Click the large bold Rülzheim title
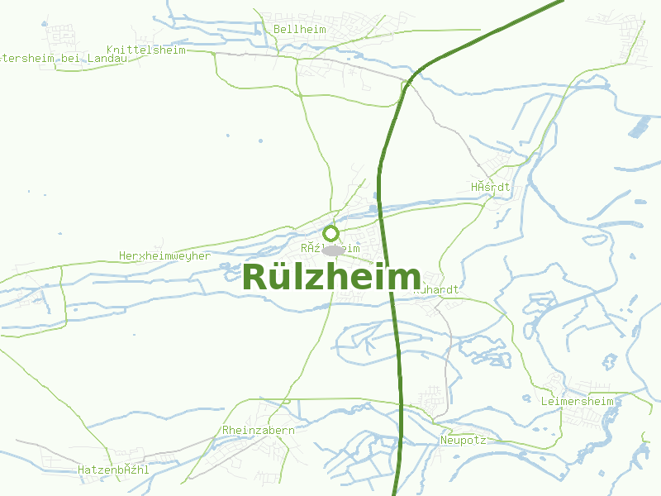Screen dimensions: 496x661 click(331, 277)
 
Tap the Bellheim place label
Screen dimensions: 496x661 click(299, 30)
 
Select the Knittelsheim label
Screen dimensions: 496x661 click(146, 50)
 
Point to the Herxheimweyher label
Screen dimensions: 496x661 click(164, 256)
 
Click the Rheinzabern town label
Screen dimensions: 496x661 click(259, 431)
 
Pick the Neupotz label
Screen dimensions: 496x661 click(463, 441)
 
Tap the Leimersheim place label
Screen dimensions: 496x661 click(577, 402)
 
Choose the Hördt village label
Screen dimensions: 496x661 click(491, 188)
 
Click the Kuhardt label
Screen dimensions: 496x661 click(436, 290)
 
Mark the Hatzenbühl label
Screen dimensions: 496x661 click(113, 470)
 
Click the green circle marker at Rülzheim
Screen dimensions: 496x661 click(331, 233)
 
